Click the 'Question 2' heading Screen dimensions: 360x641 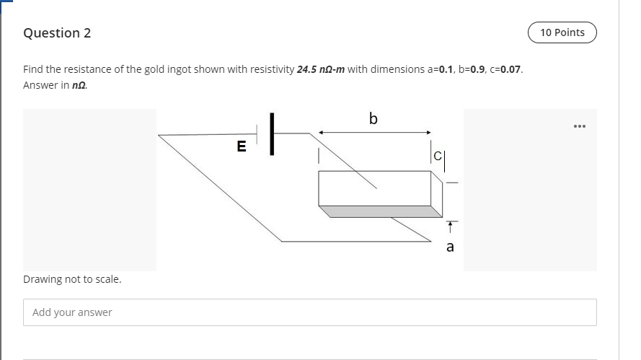pos(57,33)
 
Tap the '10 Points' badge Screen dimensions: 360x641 pos(562,32)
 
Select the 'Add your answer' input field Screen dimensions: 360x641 pos(310,312)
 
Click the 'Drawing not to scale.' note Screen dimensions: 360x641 pos(72,279)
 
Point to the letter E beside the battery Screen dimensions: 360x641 pos(242,147)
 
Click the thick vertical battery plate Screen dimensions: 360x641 pos(273,133)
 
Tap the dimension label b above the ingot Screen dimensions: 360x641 pos(373,118)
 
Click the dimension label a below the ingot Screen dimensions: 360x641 pos(450,247)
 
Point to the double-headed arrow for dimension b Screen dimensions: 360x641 pos(374,132)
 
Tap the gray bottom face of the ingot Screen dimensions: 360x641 pos(379,211)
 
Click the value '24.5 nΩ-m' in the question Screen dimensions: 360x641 pos(321,69)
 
